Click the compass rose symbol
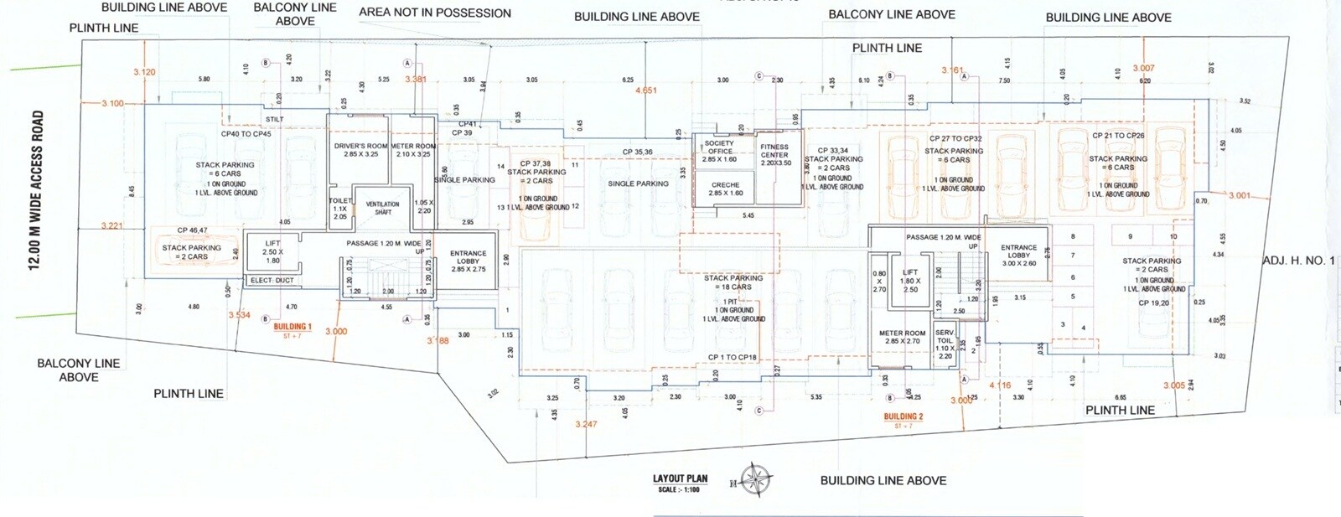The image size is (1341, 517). [756, 480]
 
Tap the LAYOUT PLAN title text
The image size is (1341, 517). [680, 479]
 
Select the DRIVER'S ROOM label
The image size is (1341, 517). [360, 147]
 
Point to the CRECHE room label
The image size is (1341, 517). [725, 185]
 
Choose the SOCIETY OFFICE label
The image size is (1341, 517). [720, 147]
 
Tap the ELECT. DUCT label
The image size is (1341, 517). [272, 281]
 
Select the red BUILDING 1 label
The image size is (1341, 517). [293, 327]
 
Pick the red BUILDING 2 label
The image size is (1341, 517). [903, 416]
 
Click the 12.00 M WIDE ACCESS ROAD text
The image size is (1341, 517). [35, 190]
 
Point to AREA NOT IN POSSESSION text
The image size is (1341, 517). [434, 13]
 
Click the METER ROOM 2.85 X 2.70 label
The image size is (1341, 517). [902, 337]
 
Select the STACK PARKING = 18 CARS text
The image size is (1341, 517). [733, 282]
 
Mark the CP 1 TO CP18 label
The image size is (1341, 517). [732, 358]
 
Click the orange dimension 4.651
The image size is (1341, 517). [646, 90]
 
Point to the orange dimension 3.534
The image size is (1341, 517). [240, 315]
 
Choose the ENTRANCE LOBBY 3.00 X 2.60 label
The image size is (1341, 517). [1018, 256]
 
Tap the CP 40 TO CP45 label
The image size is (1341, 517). [246, 134]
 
